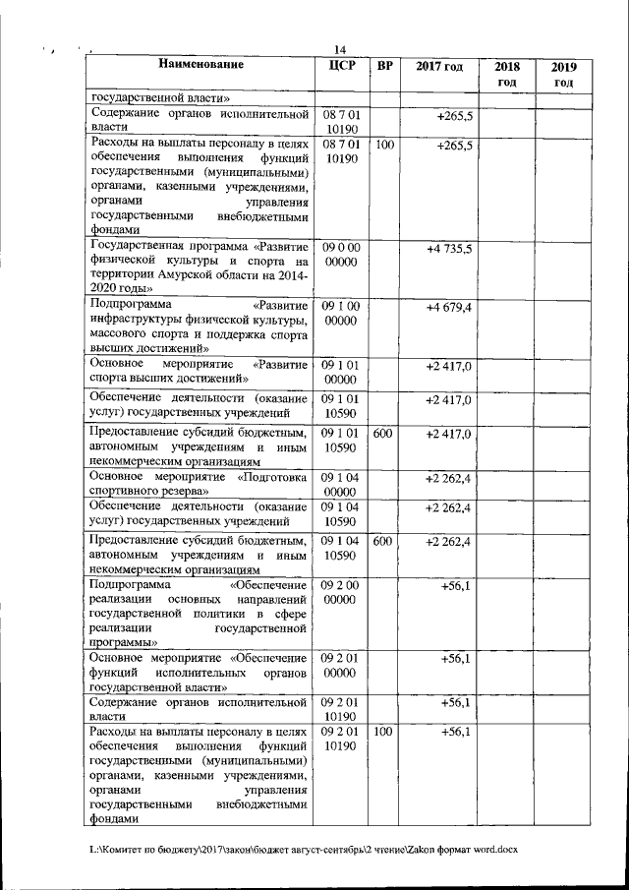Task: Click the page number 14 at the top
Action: [x=340, y=51]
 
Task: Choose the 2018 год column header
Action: [x=506, y=74]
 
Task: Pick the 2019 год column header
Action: [x=563, y=74]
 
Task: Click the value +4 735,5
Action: [x=449, y=250]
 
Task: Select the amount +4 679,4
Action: [x=449, y=308]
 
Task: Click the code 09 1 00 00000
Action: [x=340, y=314]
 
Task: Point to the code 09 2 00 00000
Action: [x=340, y=592]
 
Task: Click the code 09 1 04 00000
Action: [x=340, y=483]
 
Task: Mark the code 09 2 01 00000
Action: [x=340, y=665]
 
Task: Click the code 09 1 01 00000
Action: [x=340, y=372]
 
